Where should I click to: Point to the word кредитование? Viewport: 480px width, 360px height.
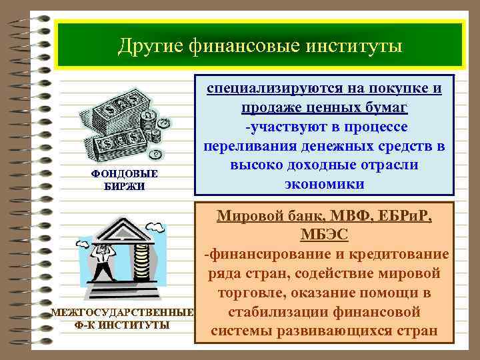coord(399,255)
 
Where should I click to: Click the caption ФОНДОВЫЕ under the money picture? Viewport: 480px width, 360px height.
coord(125,173)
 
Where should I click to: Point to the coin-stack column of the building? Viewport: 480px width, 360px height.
coord(141,257)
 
